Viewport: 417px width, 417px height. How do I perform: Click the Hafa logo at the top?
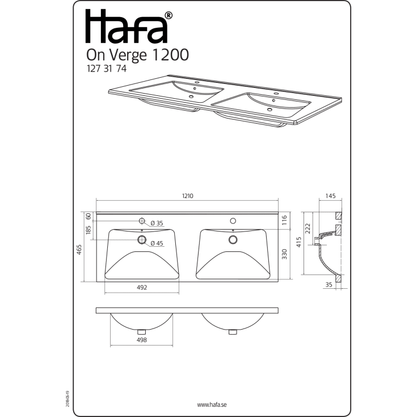pos(129,27)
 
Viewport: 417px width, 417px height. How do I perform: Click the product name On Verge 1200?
pos(137,55)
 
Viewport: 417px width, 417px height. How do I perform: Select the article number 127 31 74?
pos(107,69)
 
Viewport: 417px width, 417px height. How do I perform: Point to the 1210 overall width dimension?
pos(187,196)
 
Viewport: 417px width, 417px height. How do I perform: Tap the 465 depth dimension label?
pos(79,249)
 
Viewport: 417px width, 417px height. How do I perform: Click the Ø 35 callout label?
pos(157,223)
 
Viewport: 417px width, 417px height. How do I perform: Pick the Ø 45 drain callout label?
pos(157,243)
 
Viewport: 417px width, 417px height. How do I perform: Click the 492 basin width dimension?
pos(142,287)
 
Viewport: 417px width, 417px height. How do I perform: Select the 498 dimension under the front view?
pos(142,340)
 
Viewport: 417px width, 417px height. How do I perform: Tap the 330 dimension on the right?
pos(284,254)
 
